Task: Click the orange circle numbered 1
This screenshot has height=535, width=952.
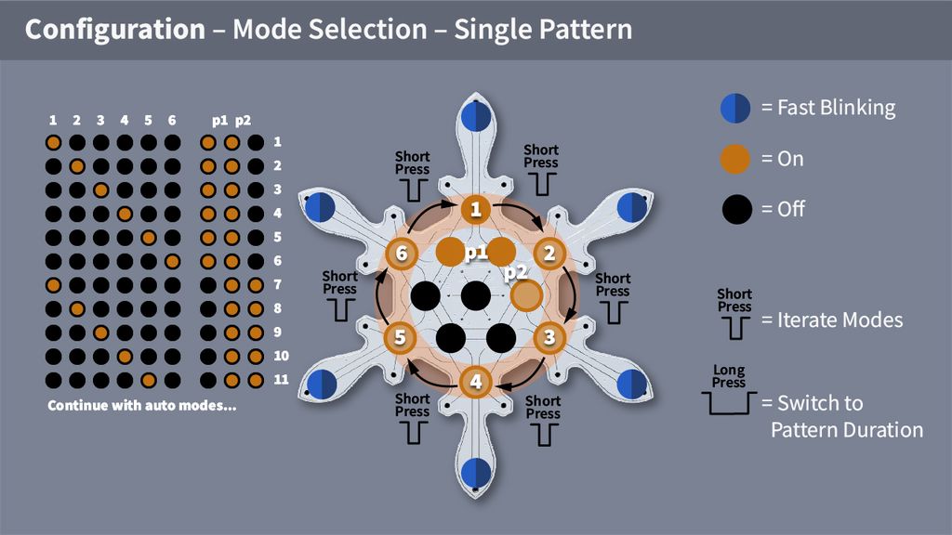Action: pos(475,209)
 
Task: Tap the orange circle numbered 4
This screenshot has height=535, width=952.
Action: pos(475,382)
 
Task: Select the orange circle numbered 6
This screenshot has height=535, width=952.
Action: pos(402,253)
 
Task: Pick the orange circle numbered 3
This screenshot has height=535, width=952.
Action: pos(549,336)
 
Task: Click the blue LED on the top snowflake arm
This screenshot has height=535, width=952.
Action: pos(476,116)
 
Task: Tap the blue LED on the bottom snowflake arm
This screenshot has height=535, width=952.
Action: pos(476,473)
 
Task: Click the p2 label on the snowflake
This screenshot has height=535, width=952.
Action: pos(515,272)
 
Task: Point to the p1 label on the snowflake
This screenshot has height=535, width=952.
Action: pos(476,253)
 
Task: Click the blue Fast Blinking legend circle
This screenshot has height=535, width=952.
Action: pos(735,109)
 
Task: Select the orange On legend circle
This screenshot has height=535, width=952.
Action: pos(735,159)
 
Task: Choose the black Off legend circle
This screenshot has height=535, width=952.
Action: pos(737,209)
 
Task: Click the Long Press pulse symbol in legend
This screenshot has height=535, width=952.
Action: pos(729,403)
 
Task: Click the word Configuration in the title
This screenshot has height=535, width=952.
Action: pos(115,29)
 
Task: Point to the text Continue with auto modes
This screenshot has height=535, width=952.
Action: pos(142,405)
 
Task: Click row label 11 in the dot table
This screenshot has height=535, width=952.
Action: pos(281,379)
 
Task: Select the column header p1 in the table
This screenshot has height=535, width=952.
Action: pos(219,121)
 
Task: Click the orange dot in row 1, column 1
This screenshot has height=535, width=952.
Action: pos(53,142)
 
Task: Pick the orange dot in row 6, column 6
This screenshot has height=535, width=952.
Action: pos(172,261)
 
